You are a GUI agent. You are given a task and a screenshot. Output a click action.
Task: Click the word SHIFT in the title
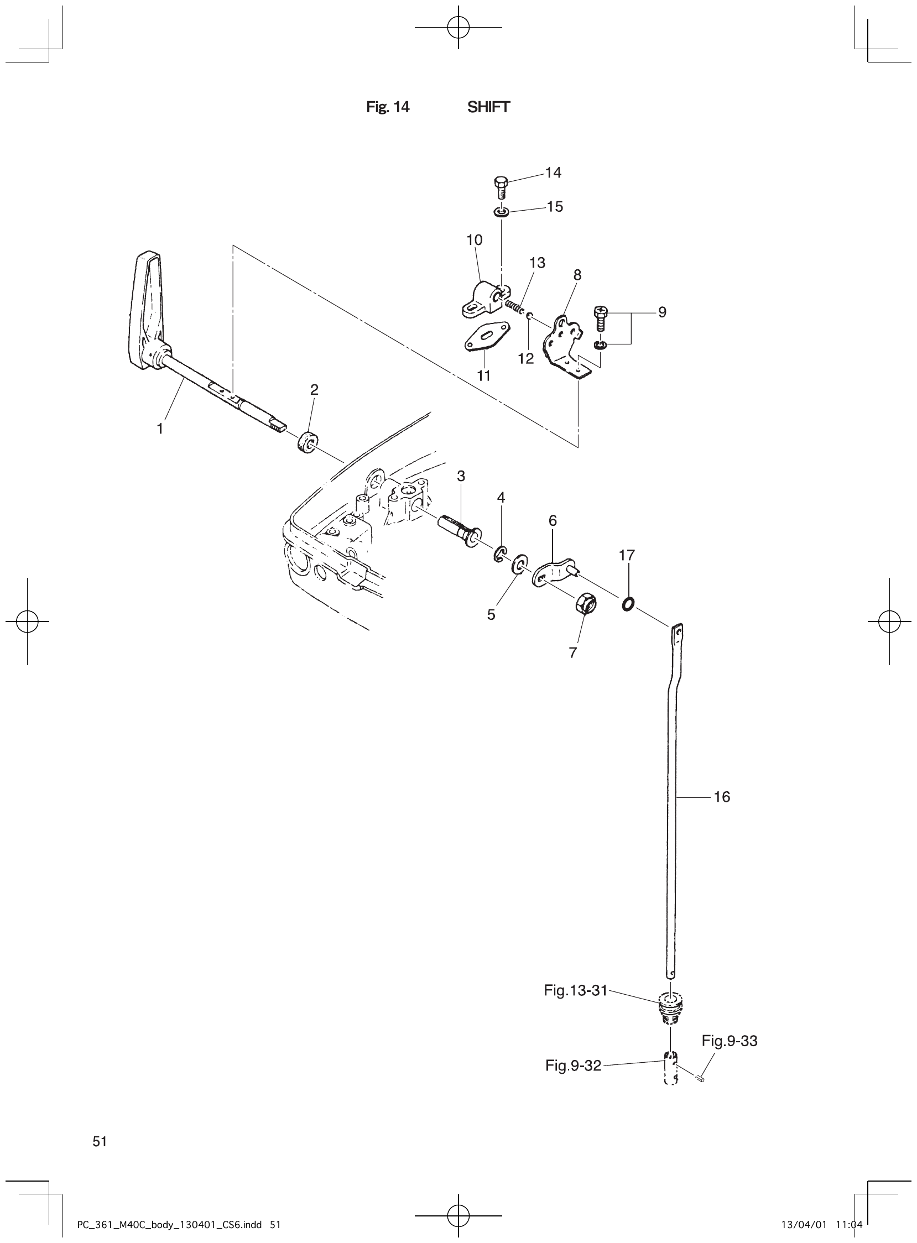tap(488, 107)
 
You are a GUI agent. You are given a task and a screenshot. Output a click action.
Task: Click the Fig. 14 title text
tap(388, 107)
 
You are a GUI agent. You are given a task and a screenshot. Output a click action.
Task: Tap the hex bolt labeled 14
tap(500, 187)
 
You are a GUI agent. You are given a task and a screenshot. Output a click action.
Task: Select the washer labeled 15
tap(501, 211)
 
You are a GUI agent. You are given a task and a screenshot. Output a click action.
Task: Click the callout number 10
tap(474, 240)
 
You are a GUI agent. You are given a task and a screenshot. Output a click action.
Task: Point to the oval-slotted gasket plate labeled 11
tap(484, 338)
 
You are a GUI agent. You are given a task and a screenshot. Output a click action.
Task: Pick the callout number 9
tap(661, 312)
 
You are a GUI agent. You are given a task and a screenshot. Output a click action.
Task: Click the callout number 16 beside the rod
tap(722, 797)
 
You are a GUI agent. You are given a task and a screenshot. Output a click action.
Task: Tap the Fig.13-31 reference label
tap(576, 990)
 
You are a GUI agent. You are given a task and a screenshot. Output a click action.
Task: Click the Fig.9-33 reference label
tap(730, 1041)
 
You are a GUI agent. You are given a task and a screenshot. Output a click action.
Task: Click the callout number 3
tap(461, 476)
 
